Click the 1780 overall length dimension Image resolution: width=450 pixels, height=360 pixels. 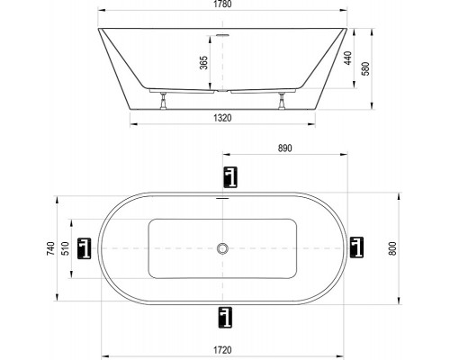222,4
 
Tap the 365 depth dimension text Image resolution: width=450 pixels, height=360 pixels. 203,63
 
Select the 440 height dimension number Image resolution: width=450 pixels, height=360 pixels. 347,58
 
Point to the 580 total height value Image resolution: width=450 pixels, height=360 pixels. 366,68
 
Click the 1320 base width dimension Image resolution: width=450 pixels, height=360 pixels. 222,118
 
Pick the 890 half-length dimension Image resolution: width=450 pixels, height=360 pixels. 284,148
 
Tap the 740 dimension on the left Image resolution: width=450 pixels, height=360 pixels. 51,248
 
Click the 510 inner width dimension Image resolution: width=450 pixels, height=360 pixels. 65,248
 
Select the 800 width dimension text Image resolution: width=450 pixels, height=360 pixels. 392,248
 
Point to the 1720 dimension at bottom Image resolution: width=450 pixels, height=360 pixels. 222,350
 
